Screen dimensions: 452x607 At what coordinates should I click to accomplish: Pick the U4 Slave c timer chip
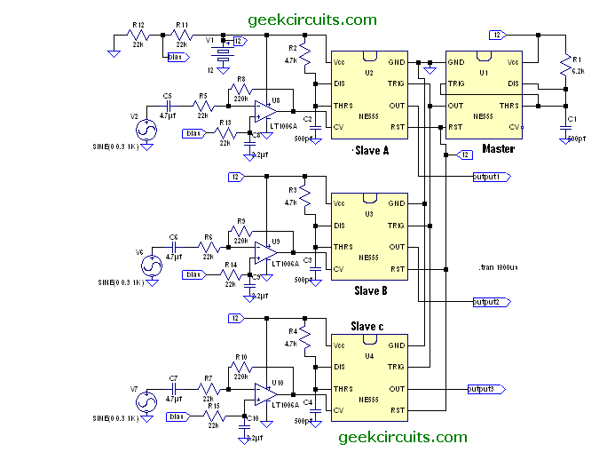tap(368, 377)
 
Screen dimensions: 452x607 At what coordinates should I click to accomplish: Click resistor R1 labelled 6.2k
tap(564, 64)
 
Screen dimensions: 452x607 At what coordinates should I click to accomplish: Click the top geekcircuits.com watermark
tap(312, 20)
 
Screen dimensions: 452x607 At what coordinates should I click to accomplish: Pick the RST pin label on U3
tap(396, 268)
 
